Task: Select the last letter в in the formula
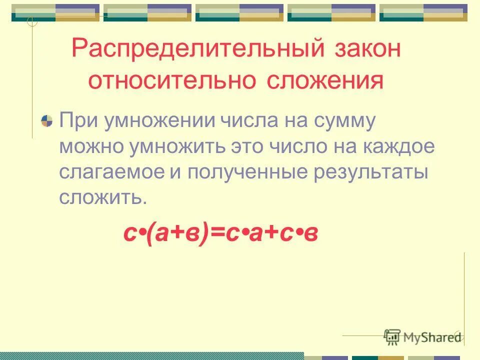click(311, 235)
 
